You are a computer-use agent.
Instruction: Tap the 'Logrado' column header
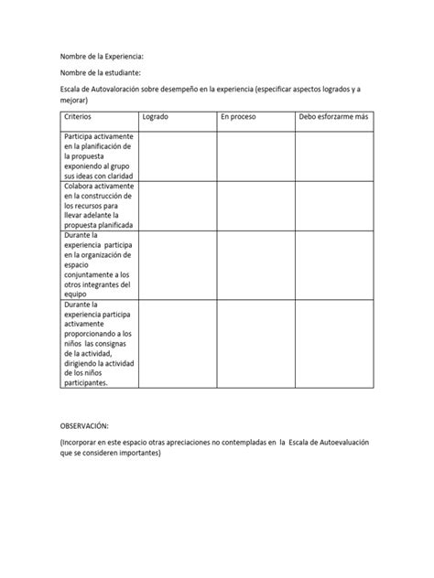pos(155,118)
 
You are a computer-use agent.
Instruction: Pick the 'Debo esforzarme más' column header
pos(333,118)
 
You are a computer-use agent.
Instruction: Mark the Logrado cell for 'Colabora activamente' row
pos(177,205)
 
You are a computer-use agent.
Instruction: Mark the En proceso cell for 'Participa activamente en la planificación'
pos(255,156)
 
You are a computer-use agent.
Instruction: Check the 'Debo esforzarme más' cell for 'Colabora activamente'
pos(334,205)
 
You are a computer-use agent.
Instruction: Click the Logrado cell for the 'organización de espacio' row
pos(177,265)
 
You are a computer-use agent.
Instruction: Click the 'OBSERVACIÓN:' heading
pos(84,427)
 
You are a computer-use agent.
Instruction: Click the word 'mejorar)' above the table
pos(75,99)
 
